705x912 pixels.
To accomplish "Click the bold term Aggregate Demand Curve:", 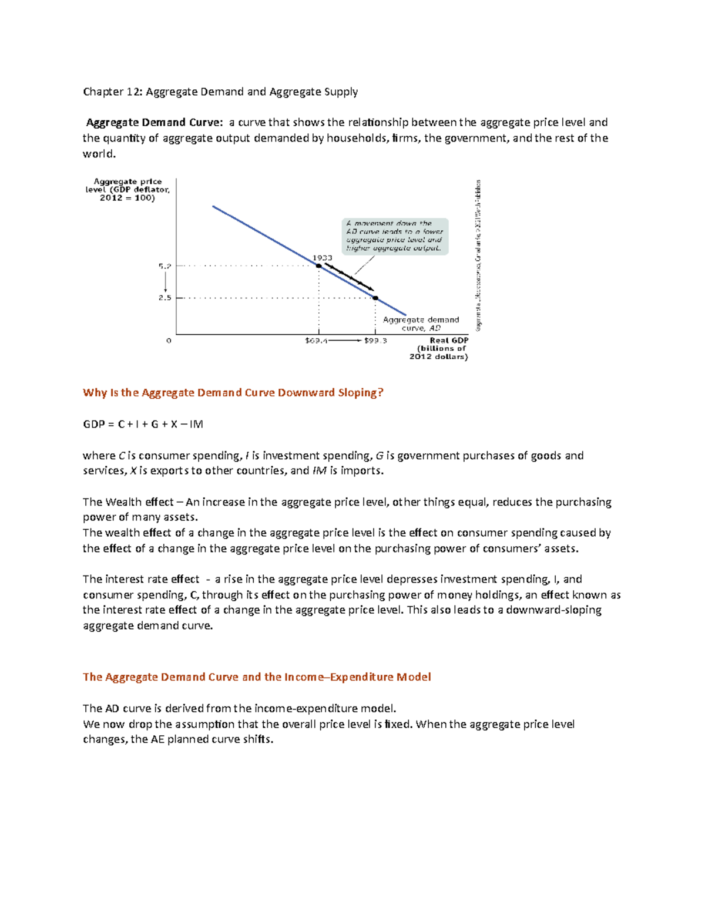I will [x=154, y=123].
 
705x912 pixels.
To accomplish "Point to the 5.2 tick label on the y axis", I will [x=164, y=266].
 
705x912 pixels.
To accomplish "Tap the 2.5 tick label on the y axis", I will [x=164, y=298].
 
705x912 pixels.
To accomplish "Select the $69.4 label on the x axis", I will [x=316, y=341].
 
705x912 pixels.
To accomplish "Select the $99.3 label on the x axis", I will [x=375, y=341].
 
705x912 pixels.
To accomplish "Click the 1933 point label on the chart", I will [x=322, y=258].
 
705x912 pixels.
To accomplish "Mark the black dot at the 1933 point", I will [x=319, y=266].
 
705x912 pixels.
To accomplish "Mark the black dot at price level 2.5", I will [x=375, y=298].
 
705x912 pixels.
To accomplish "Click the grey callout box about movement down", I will [x=395, y=236].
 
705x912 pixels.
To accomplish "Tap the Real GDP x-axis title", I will [x=449, y=341].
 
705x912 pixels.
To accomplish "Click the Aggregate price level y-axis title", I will [x=127, y=190].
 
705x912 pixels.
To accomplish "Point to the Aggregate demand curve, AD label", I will [x=421, y=324].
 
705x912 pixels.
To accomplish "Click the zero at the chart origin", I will [x=169, y=341].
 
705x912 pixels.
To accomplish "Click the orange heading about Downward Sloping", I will [x=233, y=393].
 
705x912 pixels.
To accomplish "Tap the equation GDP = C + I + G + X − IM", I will [x=143, y=424].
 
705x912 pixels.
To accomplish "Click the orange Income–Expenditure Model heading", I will [x=257, y=677].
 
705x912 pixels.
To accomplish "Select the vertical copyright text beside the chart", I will [x=479, y=255].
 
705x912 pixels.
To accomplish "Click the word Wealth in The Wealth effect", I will [x=123, y=502].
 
